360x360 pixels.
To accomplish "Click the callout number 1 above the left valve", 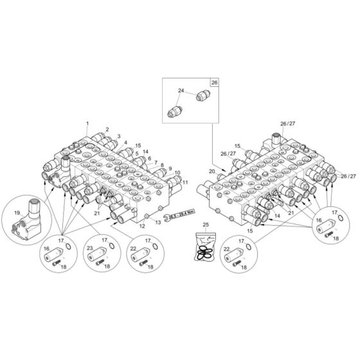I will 87,122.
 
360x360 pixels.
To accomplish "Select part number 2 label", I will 107,129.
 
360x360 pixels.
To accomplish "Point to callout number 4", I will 126,143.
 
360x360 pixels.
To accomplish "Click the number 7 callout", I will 155,163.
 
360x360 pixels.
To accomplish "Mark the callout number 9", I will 170,168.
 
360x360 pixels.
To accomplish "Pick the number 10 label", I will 177,173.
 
